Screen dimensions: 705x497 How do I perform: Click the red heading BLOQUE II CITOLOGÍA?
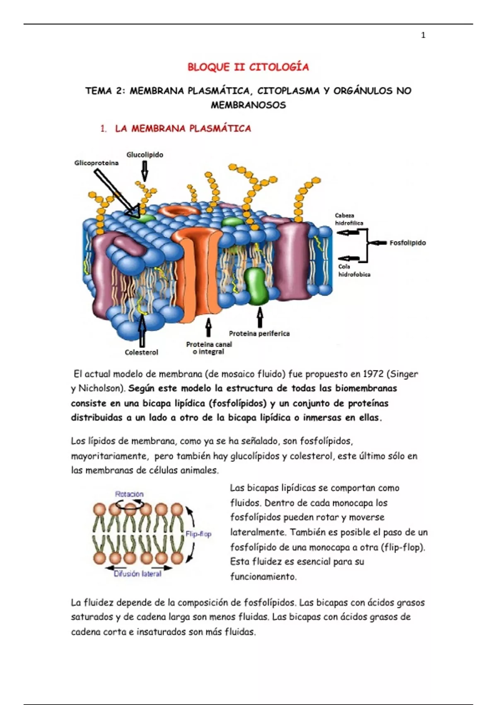(248, 67)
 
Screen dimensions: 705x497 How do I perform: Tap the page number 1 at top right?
(423, 36)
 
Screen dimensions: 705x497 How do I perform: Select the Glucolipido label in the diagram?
(145, 155)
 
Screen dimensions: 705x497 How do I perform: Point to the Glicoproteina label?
(96, 163)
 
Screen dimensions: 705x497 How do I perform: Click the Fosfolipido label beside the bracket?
(408, 243)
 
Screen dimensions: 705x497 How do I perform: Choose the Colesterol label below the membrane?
(141, 352)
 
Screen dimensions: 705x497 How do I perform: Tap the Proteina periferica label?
(259, 333)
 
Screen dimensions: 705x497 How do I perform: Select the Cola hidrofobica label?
(354, 270)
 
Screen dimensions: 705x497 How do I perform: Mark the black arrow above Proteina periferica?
(260, 318)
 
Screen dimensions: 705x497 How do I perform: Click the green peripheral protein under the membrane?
(256, 286)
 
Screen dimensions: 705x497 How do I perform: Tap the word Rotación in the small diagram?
(129, 494)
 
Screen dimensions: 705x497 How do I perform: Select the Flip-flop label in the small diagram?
(198, 534)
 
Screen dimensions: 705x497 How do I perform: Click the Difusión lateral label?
(138, 574)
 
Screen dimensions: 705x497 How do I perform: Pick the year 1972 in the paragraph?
(373, 374)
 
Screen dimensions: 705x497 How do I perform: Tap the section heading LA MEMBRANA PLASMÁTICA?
(183, 129)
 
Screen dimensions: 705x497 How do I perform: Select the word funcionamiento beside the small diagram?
(263, 576)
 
